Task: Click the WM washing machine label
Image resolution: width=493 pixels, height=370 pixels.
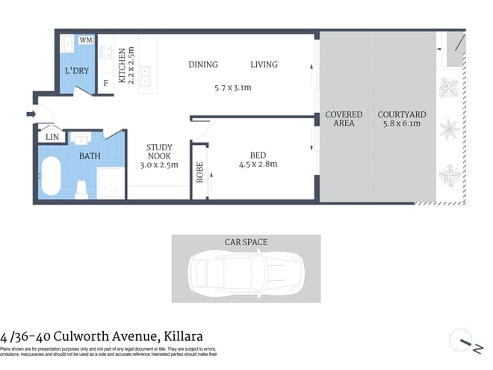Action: click(86, 40)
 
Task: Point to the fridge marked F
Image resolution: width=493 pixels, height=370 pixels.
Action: click(105, 82)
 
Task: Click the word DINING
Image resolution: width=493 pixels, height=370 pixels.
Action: click(203, 65)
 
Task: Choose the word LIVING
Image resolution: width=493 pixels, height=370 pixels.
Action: click(264, 65)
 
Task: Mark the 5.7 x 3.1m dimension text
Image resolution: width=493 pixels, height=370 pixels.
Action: click(232, 87)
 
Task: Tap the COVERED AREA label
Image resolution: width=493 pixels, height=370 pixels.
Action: click(344, 119)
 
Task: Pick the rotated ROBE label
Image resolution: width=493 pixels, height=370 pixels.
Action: click(199, 173)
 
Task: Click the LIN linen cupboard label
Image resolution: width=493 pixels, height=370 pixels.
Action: click(52, 137)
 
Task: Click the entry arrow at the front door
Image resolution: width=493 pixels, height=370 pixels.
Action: click(31, 114)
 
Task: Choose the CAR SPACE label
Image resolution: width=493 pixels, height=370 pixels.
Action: click(246, 242)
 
